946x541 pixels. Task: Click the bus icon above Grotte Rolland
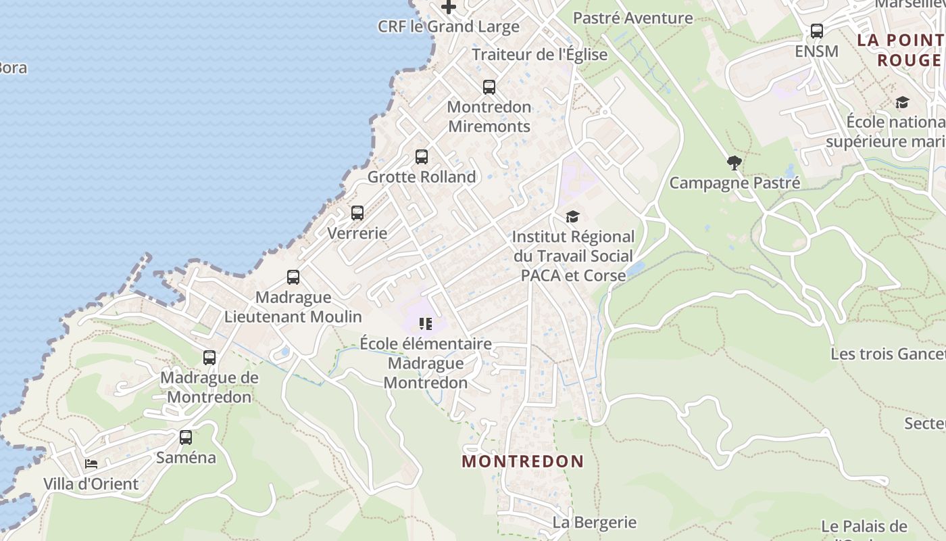tap(422, 157)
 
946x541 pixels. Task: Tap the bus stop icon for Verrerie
tap(357, 213)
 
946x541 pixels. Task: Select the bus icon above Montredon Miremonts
tap(489, 87)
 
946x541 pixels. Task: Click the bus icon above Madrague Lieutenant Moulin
tap(293, 277)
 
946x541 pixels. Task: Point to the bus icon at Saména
tap(186, 438)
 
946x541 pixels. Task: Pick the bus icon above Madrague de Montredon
tap(209, 358)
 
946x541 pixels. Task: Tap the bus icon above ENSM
tap(817, 31)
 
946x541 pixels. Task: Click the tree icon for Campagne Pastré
tap(735, 162)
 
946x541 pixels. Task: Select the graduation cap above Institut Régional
tap(573, 217)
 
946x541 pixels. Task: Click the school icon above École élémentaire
tap(425, 324)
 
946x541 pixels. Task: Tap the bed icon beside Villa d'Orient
tap(91, 464)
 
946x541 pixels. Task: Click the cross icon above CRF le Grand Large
tap(449, 7)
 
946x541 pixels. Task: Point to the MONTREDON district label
tap(523, 462)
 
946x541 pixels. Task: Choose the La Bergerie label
tap(595, 522)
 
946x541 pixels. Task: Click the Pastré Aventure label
tap(633, 18)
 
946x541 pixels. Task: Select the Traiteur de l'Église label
tap(540, 54)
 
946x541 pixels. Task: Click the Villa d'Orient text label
tap(91, 484)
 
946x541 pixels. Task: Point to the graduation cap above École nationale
tap(902, 103)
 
